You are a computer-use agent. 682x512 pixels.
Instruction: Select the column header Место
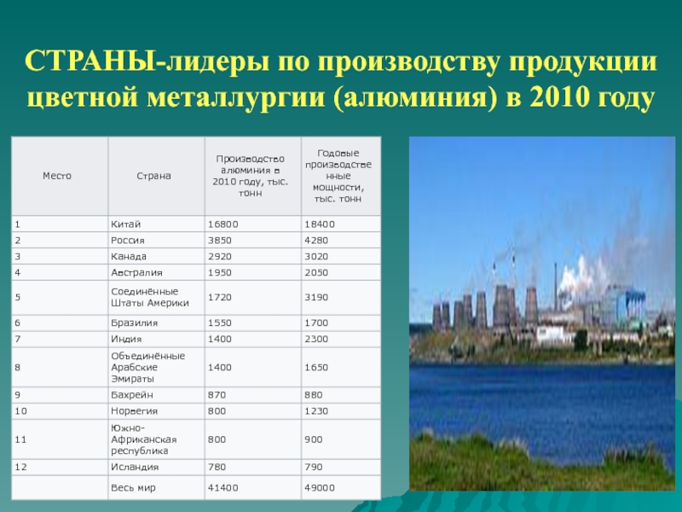(57, 176)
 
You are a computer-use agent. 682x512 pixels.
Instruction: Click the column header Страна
(153, 176)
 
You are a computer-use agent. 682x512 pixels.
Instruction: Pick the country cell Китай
(125, 224)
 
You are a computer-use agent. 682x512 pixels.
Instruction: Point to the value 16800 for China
(223, 224)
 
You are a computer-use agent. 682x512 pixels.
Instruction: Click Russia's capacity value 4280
(316, 241)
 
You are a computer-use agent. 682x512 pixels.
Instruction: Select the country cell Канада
(129, 257)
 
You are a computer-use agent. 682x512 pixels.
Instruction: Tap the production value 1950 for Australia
(220, 272)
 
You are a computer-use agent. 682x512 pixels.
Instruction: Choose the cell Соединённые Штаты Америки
(150, 297)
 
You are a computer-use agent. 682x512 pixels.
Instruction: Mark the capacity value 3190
(316, 297)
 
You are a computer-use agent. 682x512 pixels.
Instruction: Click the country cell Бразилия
(134, 323)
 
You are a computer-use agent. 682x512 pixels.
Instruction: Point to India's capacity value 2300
(316, 339)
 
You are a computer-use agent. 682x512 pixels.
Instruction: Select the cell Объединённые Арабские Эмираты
(147, 368)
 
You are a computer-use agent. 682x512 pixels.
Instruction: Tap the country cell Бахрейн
(132, 395)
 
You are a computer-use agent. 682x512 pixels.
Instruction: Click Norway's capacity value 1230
(316, 411)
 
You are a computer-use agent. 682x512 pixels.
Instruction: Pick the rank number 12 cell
(20, 467)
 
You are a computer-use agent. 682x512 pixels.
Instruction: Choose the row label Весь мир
(133, 488)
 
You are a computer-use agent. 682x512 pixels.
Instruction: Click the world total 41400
(223, 488)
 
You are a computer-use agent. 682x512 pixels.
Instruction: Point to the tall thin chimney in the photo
(556, 283)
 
